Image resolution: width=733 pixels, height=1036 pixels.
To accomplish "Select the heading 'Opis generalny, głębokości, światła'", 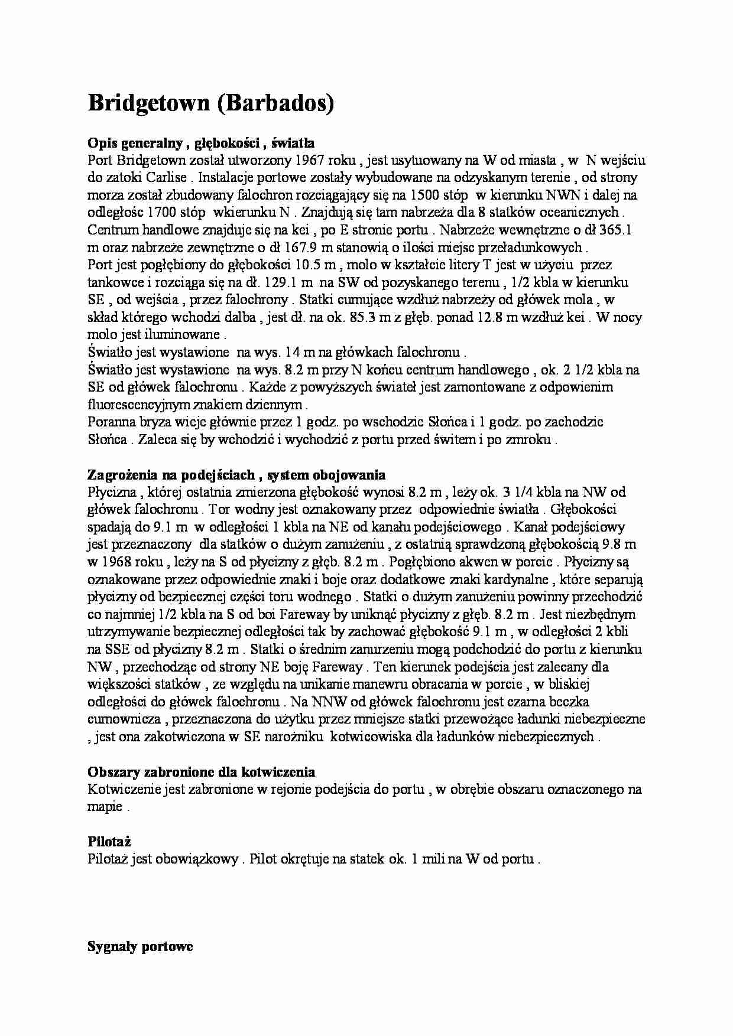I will [x=201, y=143].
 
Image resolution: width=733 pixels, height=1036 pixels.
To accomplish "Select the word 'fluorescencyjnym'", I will [x=139, y=405].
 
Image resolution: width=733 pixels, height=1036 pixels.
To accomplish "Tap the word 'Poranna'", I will [x=110, y=422].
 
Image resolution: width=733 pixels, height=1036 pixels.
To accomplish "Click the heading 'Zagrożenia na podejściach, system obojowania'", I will [x=236, y=475].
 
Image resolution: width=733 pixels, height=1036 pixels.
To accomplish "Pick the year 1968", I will [x=118, y=562].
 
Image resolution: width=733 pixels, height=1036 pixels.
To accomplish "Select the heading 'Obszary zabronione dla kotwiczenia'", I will [x=201, y=772].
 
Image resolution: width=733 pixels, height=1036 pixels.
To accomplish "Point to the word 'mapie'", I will [x=105, y=807].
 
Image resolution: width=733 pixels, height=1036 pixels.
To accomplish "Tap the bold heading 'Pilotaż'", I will [x=109, y=842].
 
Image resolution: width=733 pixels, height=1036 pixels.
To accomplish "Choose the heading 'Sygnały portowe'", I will [x=140, y=947].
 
